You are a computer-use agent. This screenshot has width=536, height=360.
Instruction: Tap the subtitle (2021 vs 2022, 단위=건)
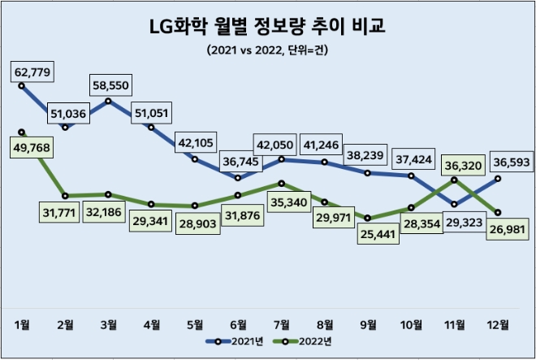(x=268, y=50)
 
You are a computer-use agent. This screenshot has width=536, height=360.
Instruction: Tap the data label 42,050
(x=279, y=144)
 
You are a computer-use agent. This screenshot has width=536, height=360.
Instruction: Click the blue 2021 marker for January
(x=22, y=85)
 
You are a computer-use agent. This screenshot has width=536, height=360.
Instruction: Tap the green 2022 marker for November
(x=454, y=180)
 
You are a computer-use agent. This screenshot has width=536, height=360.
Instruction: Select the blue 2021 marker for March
(x=108, y=101)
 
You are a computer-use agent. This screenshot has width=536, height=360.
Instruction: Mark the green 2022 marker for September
(x=368, y=218)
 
